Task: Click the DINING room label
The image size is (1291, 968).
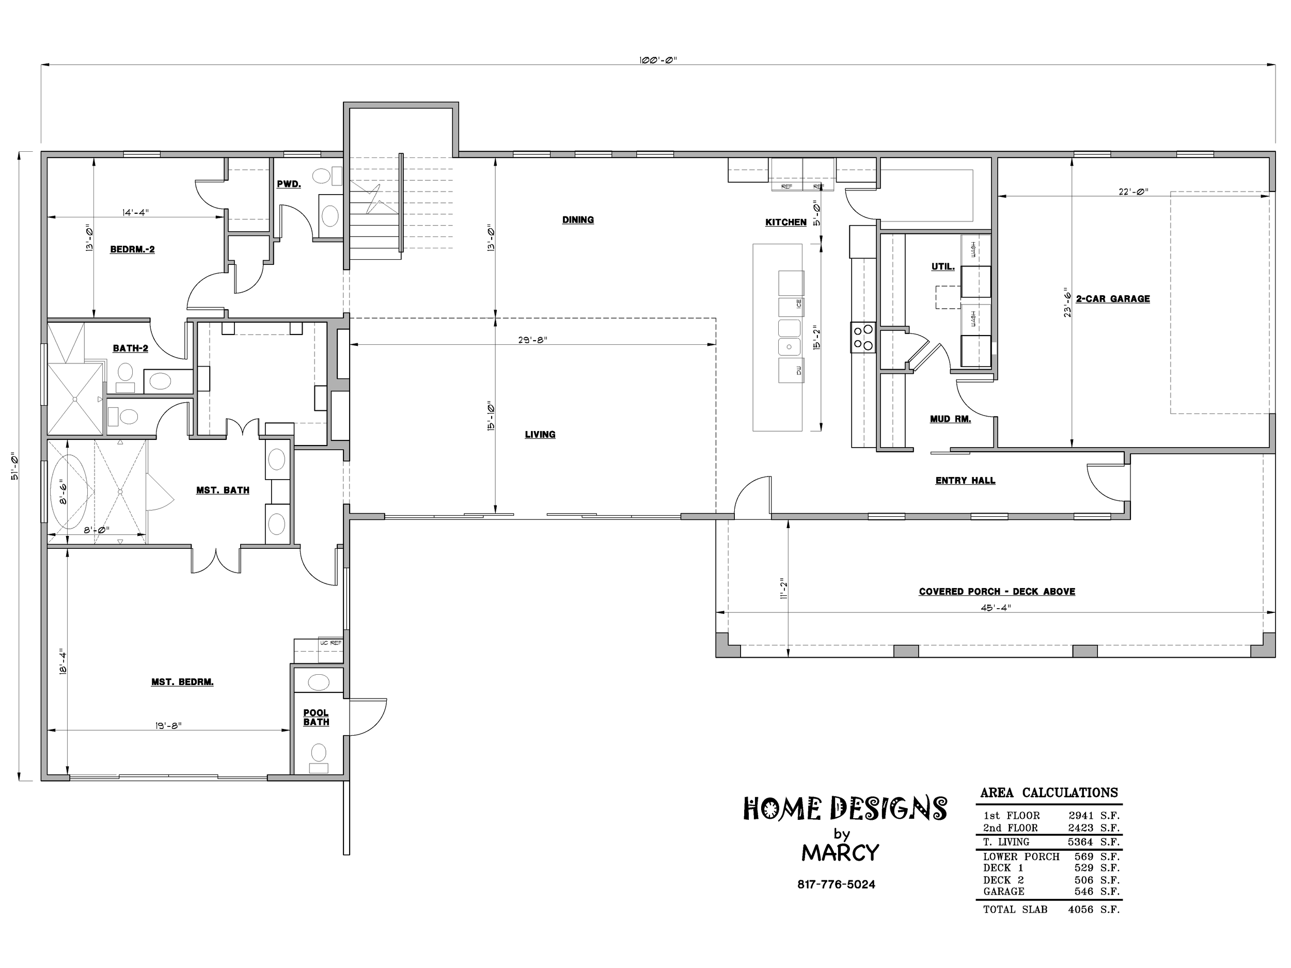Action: pos(578,220)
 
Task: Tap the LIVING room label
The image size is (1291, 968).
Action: pos(540,435)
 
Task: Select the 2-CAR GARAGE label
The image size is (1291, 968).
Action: pos(1113,299)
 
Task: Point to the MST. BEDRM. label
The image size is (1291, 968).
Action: pos(182,682)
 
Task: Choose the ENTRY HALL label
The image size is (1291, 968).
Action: pos(965,481)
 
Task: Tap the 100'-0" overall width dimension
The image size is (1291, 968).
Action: pos(658,60)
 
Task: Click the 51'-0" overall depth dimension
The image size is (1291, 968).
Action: pos(14,466)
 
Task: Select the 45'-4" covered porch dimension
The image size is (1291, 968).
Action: pos(996,608)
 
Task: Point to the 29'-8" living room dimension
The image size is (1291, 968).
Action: pos(532,340)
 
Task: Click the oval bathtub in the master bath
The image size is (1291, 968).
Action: pos(69,491)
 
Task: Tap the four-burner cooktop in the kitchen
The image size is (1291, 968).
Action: pos(862,338)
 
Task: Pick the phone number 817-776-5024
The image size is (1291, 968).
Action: pos(837,884)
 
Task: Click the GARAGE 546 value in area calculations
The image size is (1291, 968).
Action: pos(1084,892)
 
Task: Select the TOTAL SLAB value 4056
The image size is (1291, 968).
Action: pos(1080,910)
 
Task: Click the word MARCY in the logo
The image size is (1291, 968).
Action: pos(840,853)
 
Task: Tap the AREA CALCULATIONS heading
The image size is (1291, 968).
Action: pos(1049,793)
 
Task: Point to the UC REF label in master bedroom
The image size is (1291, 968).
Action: pos(330,643)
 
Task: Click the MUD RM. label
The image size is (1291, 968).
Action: pos(950,419)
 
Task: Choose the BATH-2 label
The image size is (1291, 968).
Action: pos(130,348)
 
